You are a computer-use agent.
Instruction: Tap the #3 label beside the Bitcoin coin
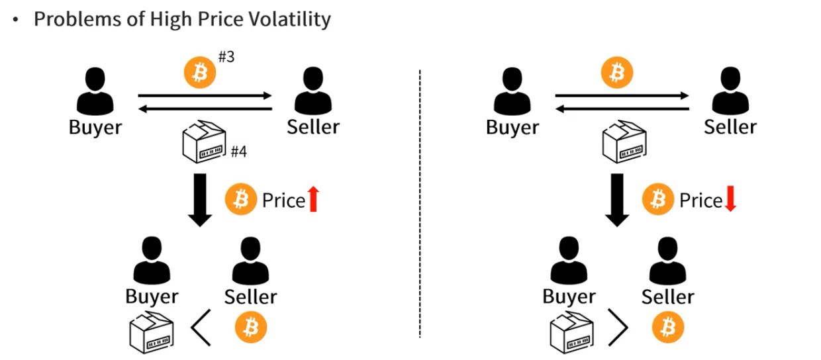226,58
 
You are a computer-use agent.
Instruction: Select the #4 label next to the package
238,152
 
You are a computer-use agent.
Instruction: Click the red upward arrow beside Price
313,199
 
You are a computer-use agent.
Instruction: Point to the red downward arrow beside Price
730,199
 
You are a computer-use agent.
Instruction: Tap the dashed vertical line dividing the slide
420,199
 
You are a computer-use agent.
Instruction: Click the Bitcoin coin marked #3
199,73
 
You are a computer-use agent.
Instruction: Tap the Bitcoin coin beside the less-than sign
250,326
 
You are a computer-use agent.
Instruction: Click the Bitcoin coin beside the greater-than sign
667,326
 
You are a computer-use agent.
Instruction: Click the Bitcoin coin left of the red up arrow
241,199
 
